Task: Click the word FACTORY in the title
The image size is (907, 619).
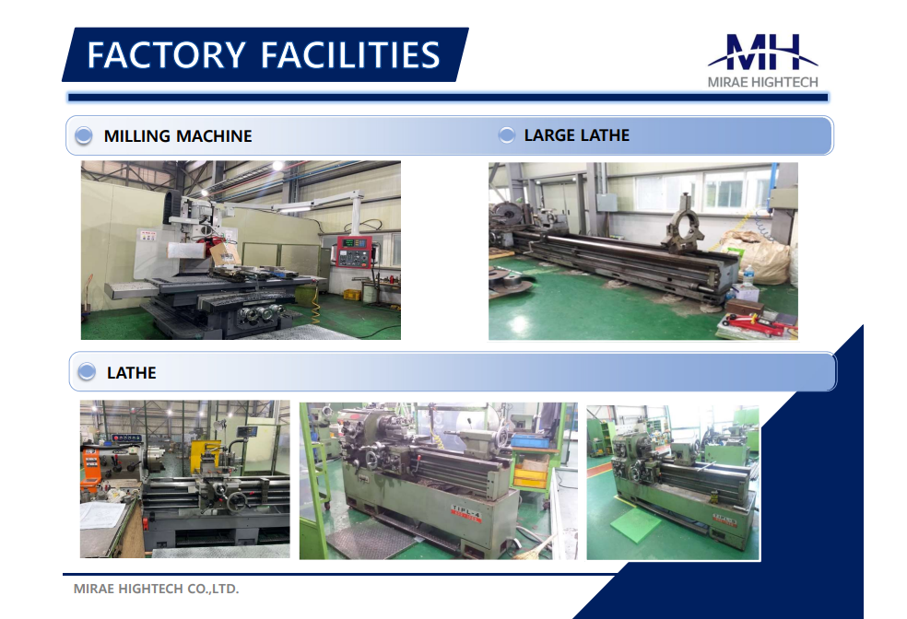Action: click(167, 55)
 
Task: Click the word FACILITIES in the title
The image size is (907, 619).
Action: click(350, 55)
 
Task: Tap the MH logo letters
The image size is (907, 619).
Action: click(763, 52)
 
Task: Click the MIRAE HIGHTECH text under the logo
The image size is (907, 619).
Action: click(763, 83)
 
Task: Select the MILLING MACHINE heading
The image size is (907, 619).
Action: click(178, 136)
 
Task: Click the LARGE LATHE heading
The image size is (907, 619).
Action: click(577, 135)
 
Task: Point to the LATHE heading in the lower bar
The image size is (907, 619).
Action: click(131, 373)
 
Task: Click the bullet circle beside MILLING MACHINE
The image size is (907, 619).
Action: click(84, 135)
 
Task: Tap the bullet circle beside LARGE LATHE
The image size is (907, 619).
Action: click(507, 135)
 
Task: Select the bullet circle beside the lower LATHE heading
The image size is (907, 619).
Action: click(87, 371)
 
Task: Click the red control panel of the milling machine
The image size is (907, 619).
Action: click(354, 251)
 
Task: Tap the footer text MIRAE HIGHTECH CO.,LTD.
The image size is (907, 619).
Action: click(156, 589)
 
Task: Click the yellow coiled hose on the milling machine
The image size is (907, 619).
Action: click(315, 306)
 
